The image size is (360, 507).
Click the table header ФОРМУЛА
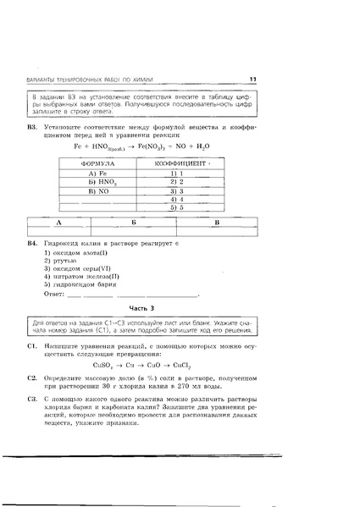pyautogui.click(x=101, y=161)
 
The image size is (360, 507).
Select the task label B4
pyautogui.click(x=33, y=243)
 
